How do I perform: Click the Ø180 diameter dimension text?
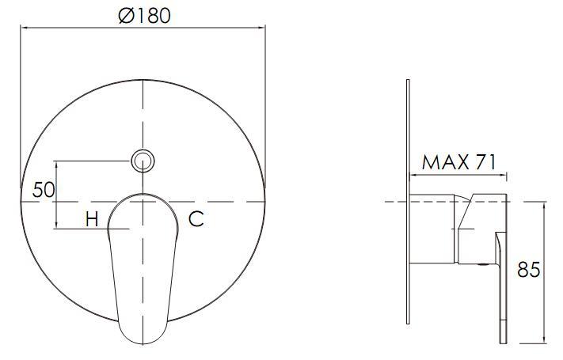coord(143,15)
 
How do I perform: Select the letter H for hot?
coord(92,219)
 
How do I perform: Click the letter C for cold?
coord(196,219)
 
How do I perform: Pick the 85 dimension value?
coord(528,269)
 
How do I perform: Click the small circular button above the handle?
coord(143,161)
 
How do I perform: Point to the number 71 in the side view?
coord(485,162)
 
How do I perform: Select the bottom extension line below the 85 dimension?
coord(527,343)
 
